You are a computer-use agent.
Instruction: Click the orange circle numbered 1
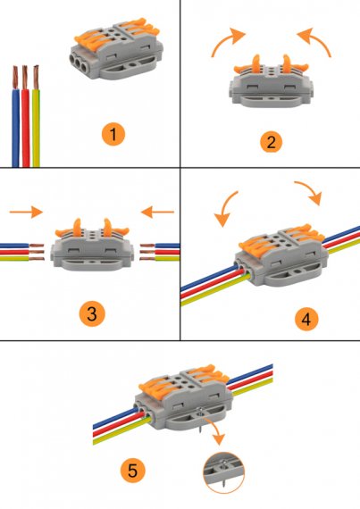click(x=113, y=134)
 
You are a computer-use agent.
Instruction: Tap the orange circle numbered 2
click(x=271, y=141)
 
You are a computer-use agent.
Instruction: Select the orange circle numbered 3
click(x=92, y=314)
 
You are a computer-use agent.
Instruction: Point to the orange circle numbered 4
click(x=306, y=319)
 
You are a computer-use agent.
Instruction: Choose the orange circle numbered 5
click(x=133, y=470)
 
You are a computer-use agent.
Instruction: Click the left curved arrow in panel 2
click(x=225, y=39)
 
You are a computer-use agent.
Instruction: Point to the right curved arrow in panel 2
click(x=317, y=39)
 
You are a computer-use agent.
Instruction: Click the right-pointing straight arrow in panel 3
click(x=26, y=213)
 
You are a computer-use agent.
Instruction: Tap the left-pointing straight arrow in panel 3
click(x=157, y=213)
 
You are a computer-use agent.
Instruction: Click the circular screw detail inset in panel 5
click(x=223, y=472)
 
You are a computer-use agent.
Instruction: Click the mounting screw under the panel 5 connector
click(x=200, y=421)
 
